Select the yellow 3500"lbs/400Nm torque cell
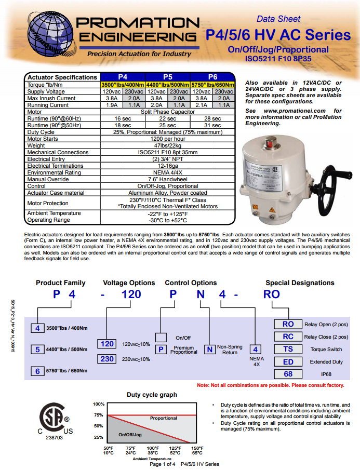pyautogui.click(x=123, y=85)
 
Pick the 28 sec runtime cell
pyautogui.click(x=212, y=118)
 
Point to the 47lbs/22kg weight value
pyautogui.click(x=167, y=145)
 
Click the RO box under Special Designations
pyautogui.click(x=288, y=324)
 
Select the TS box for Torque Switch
pyautogui.click(x=288, y=350)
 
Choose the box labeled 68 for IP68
pyautogui.click(x=288, y=374)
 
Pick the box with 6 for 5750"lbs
pyautogui.click(x=37, y=371)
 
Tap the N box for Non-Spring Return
pyautogui.click(x=209, y=350)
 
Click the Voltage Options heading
pyautogui.click(x=129, y=283)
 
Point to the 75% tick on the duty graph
pyautogui.click(x=99, y=415)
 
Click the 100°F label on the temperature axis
pyautogui.click(x=153, y=448)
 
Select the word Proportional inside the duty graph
pyautogui.click(x=164, y=418)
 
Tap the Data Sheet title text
pyautogui.click(x=278, y=19)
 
